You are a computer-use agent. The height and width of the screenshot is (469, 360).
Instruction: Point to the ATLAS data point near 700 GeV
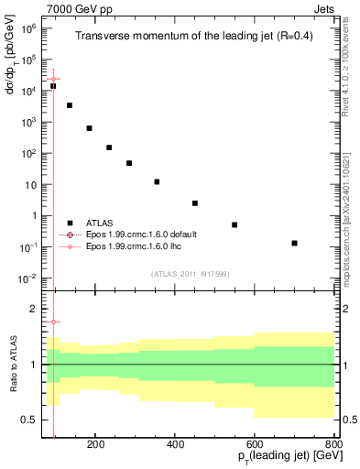294,243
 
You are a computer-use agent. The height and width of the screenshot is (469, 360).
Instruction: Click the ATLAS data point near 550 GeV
235,224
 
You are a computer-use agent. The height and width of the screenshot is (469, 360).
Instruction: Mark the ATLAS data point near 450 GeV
195,203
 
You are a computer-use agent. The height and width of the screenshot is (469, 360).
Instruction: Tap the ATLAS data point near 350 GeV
157,181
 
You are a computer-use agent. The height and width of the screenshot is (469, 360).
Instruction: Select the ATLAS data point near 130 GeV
70,105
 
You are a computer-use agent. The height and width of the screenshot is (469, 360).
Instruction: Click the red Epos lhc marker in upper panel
54,80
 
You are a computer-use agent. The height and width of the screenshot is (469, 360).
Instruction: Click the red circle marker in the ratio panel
54,322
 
